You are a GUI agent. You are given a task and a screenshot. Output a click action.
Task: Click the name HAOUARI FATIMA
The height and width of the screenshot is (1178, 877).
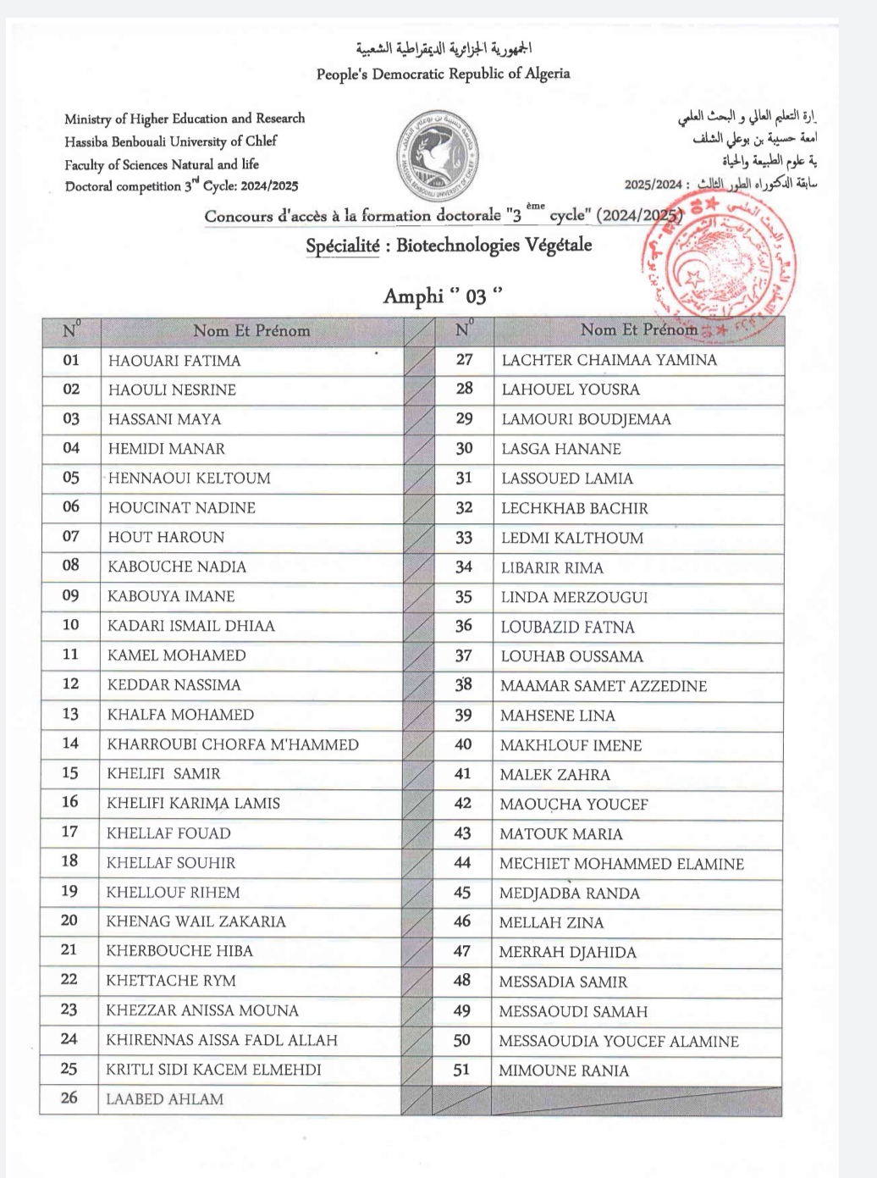coord(174,361)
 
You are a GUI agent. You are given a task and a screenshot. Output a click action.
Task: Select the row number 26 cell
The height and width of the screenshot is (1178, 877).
coord(69,1098)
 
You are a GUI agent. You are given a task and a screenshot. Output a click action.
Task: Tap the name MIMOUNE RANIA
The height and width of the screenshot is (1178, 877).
coord(564,1070)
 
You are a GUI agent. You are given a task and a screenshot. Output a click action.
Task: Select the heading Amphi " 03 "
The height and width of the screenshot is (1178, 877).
coord(443,296)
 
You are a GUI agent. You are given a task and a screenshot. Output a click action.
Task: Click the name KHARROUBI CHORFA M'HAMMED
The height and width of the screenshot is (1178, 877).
coord(233,744)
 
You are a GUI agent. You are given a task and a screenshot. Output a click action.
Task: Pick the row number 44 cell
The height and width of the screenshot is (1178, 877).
coord(462,863)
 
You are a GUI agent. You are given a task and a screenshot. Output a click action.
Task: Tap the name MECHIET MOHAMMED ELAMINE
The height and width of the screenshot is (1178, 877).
coord(621,864)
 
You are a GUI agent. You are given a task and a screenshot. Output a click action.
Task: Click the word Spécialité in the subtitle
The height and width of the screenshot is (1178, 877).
coord(343,246)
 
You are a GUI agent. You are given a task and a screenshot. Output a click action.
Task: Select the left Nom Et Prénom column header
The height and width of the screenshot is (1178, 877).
coord(251,331)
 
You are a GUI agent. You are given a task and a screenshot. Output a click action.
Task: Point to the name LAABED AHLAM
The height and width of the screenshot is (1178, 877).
coord(165,1099)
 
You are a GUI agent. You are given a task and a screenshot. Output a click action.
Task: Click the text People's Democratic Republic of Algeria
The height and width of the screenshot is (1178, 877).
coord(443,75)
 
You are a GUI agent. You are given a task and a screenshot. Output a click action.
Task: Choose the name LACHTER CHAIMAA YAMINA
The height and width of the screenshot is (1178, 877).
coord(609,360)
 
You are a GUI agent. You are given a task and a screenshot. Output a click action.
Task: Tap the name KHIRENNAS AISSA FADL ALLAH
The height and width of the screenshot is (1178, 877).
coord(222,1040)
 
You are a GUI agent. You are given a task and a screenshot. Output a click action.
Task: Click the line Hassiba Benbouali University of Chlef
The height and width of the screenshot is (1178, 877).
coord(170,141)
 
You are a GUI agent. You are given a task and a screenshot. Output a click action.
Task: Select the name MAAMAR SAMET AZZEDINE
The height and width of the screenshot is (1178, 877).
coord(604,686)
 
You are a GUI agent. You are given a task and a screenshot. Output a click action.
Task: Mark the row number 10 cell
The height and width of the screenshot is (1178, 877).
coord(70,625)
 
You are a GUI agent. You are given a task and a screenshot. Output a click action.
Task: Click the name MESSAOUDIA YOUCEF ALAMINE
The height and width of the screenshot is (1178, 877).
coord(619,1042)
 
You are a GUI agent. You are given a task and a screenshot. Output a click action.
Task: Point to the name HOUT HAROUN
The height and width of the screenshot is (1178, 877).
coord(166,537)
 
